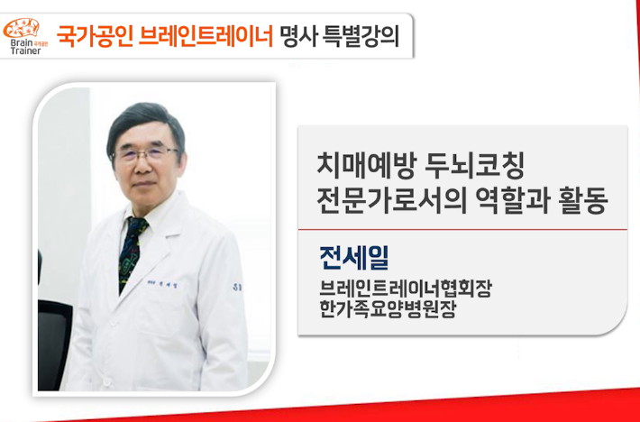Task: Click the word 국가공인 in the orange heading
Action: pyautogui.click(x=95, y=36)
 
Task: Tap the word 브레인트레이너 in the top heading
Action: pyautogui.click(x=206, y=36)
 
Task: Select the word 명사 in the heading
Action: pyautogui.click(x=298, y=36)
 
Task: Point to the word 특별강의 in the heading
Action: pyautogui.click(x=361, y=36)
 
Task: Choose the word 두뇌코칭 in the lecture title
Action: pyautogui.click(x=474, y=167)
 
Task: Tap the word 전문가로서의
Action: pyautogui.click(x=391, y=201)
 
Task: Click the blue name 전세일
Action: pyautogui.click(x=354, y=258)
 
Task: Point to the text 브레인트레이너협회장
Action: pyautogui.click(x=406, y=289)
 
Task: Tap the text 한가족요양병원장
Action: pyautogui.click(x=388, y=309)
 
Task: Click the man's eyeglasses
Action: pyautogui.click(x=145, y=154)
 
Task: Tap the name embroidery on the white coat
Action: pyautogui.click(x=162, y=284)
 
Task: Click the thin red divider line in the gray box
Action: pyautogui.click(x=462, y=229)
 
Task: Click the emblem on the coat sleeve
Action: pyautogui.click(x=237, y=288)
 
